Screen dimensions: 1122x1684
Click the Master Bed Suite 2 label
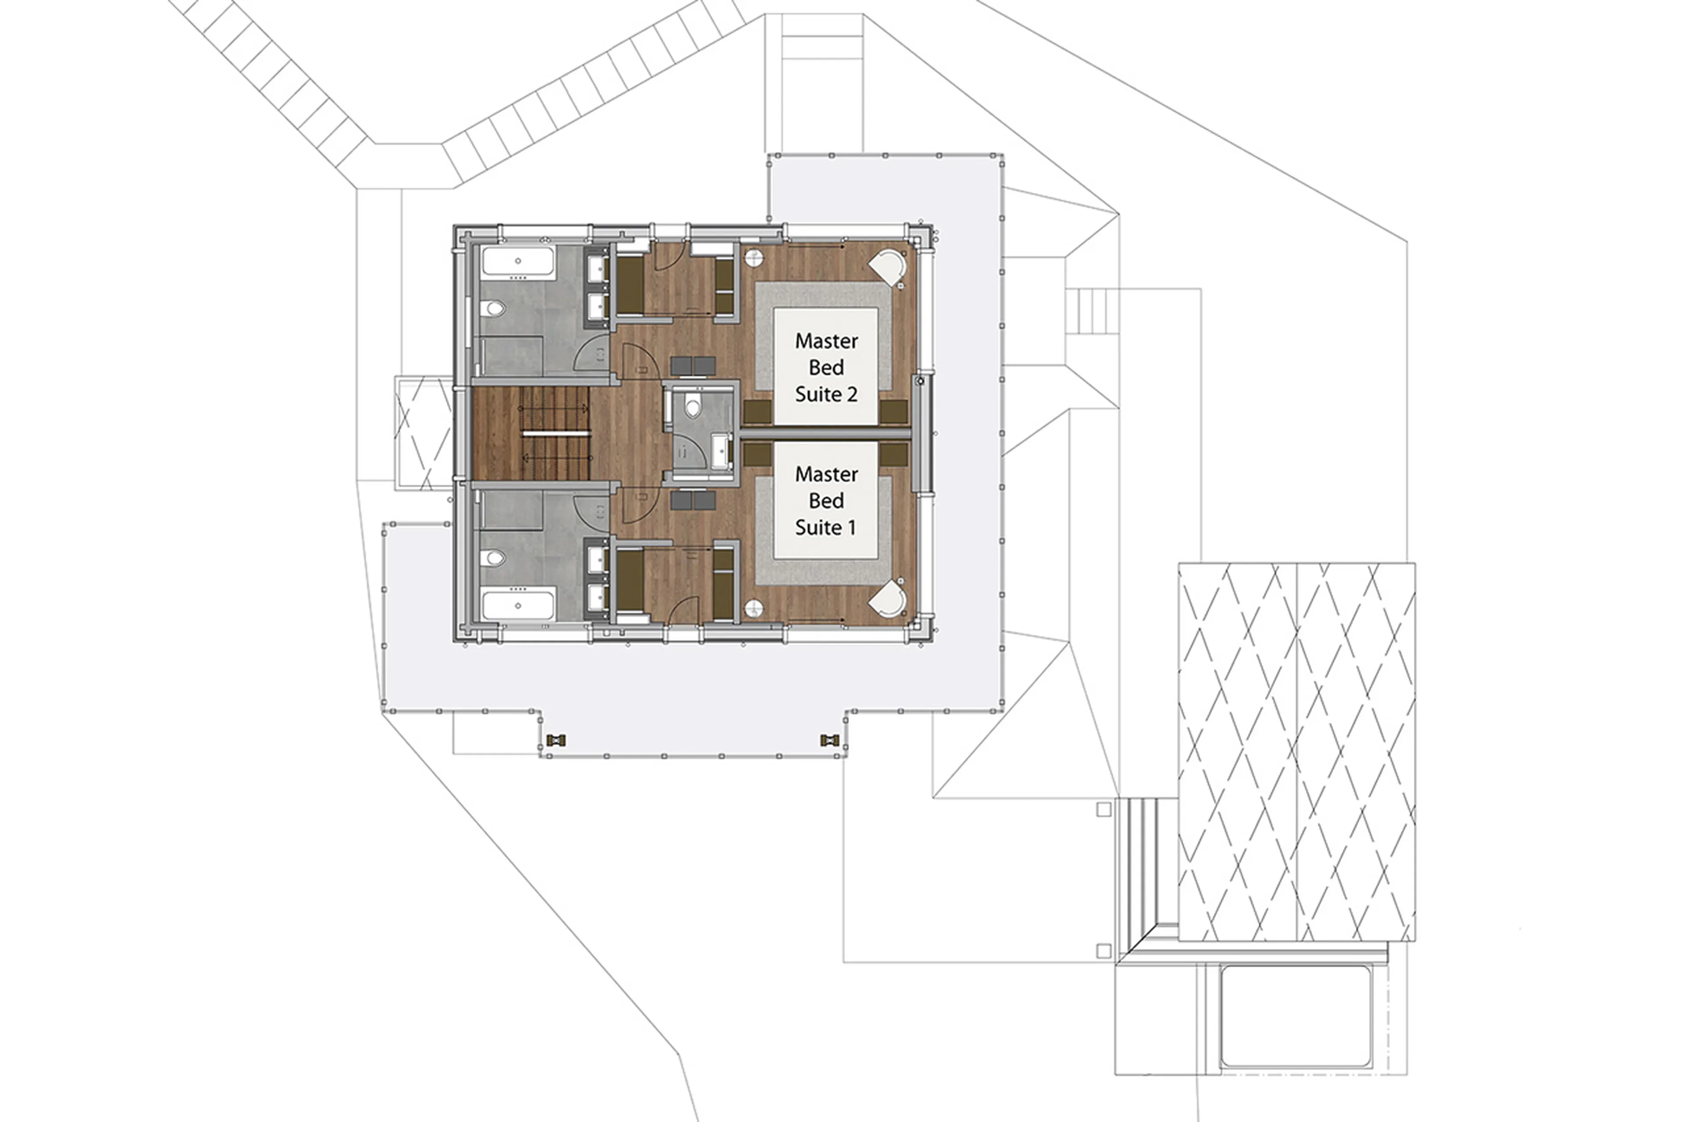pyautogui.click(x=826, y=367)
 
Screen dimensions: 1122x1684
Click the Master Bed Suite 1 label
pyautogui.click(x=826, y=500)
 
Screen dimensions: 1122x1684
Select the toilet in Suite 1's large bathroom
pyautogui.click(x=493, y=557)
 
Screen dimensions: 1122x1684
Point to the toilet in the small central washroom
pyautogui.click(x=692, y=407)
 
